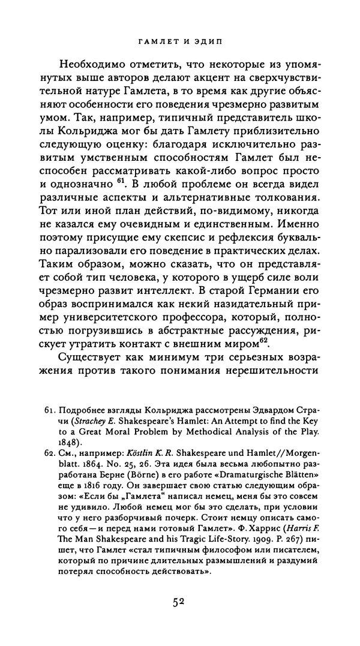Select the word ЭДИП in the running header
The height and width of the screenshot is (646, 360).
[x=212, y=43]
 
